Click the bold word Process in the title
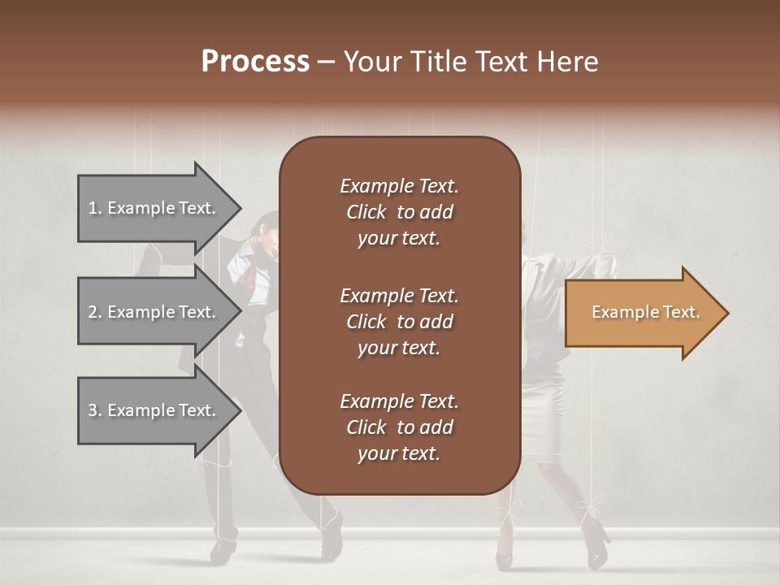click(x=255, y=62)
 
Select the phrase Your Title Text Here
click(x=470, y=62)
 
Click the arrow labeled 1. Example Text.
click(x=154, y=208)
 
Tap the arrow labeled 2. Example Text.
click(x=154, y=312)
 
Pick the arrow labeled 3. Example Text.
click(x=154, y=410)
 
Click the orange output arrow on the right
click(x=642, y=313)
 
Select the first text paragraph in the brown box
click(x=399, y=212)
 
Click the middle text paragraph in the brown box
click(x=399, y=322)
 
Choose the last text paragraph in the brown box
click(x=399, y=427)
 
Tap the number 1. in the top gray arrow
click(x=94, y=208)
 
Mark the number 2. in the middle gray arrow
click(x=94, y=312)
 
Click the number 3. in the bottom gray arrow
click(x=94, y=410)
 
